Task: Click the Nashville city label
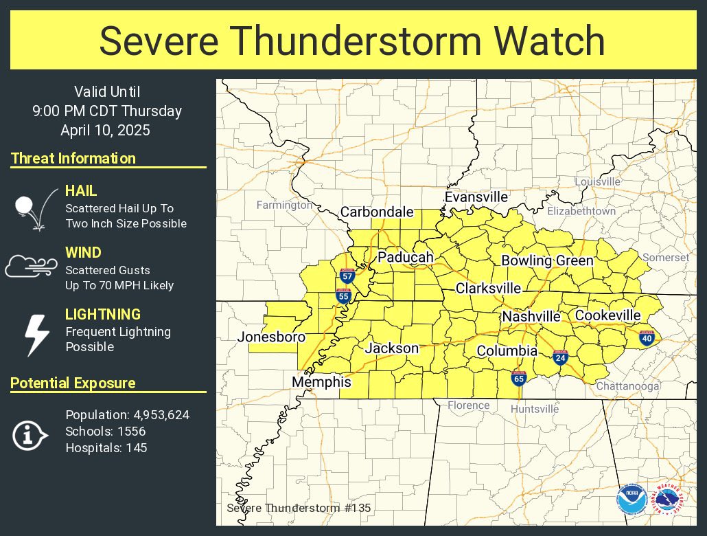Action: pos(531,317)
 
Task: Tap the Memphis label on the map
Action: pos(321,382)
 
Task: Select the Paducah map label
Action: pos(406,258)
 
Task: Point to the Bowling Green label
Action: pos(547,260)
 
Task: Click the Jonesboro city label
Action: pos(271,337)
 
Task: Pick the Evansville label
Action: pos(476,197)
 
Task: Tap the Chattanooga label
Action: pos(627,386)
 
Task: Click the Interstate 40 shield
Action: pos(647,337)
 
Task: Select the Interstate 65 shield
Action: pos(519,377)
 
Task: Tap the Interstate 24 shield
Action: pos(560,357)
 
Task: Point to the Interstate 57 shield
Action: pos(346,277)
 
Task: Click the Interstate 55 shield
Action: pos(343,296)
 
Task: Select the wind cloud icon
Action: pos(31,266)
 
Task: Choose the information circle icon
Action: pos(30,435)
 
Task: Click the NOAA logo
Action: pos(631,500)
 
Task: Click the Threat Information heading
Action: pos(73,159)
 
